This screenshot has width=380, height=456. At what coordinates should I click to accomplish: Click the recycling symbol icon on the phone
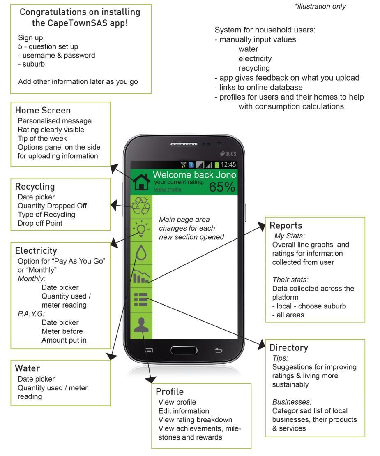(141, 206)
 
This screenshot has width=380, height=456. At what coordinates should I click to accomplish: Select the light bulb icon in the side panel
(141, 229)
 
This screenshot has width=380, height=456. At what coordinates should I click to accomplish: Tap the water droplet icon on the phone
(141, 252)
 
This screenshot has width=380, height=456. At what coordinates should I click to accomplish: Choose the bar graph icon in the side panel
(141, 276)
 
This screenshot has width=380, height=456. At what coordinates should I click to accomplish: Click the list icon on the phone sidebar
(141, 299)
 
